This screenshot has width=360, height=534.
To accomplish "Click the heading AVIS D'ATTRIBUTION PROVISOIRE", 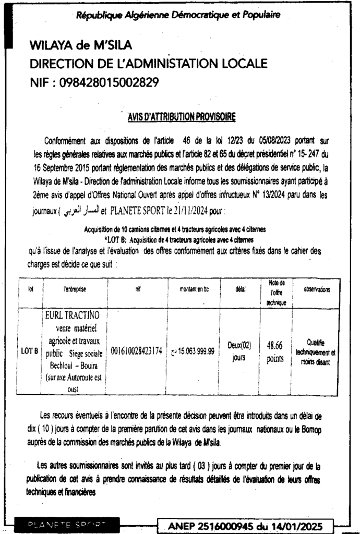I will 181,117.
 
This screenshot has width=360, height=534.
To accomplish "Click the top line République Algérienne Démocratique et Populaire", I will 178,15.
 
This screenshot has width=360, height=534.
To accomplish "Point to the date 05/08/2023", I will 279,141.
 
